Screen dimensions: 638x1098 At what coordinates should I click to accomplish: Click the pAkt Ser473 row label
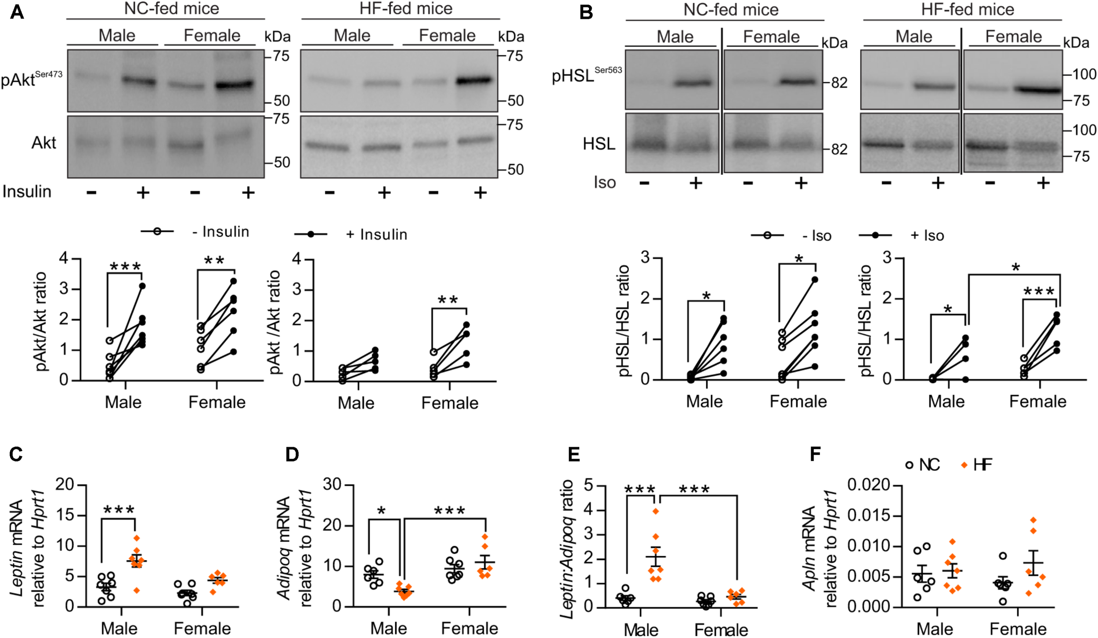[31, 79]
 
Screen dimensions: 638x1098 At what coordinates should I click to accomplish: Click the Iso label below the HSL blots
[605, 182]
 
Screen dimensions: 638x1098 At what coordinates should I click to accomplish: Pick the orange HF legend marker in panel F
[964, 465]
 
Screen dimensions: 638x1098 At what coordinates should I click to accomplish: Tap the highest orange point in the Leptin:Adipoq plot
[656, 511]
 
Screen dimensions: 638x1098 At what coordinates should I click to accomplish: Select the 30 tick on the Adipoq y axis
[333, 485]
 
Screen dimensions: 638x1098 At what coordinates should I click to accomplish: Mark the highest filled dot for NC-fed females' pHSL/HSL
[815, 279]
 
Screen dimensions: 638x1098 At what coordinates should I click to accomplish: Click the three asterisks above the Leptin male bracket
[119, 510]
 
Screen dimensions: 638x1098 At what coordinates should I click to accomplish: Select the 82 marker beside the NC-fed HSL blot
[839, 149]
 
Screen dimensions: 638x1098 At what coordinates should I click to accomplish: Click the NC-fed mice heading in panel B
[730, 10]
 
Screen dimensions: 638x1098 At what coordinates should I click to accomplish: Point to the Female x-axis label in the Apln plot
[1018, 629]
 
